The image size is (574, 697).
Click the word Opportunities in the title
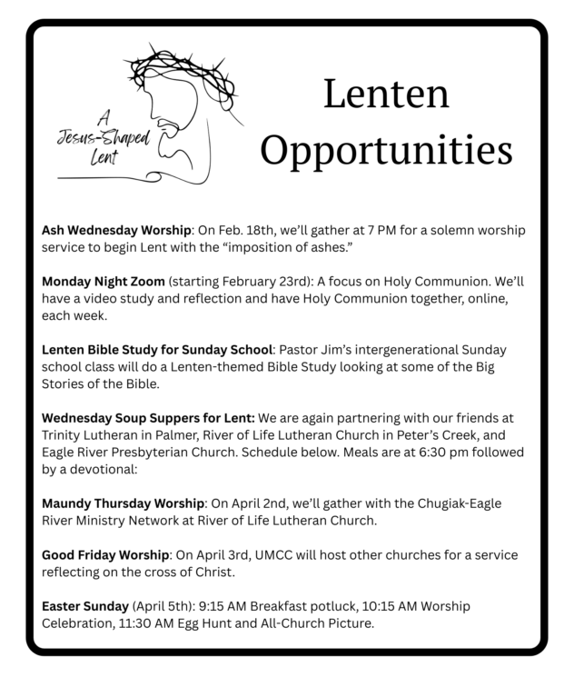pos(387,149)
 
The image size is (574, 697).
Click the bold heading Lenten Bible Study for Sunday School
pos(155,350)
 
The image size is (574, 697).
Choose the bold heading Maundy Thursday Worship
pos(123,503)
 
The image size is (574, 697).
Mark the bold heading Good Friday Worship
pos(106,555)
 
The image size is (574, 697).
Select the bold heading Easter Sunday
pos(85,606)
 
